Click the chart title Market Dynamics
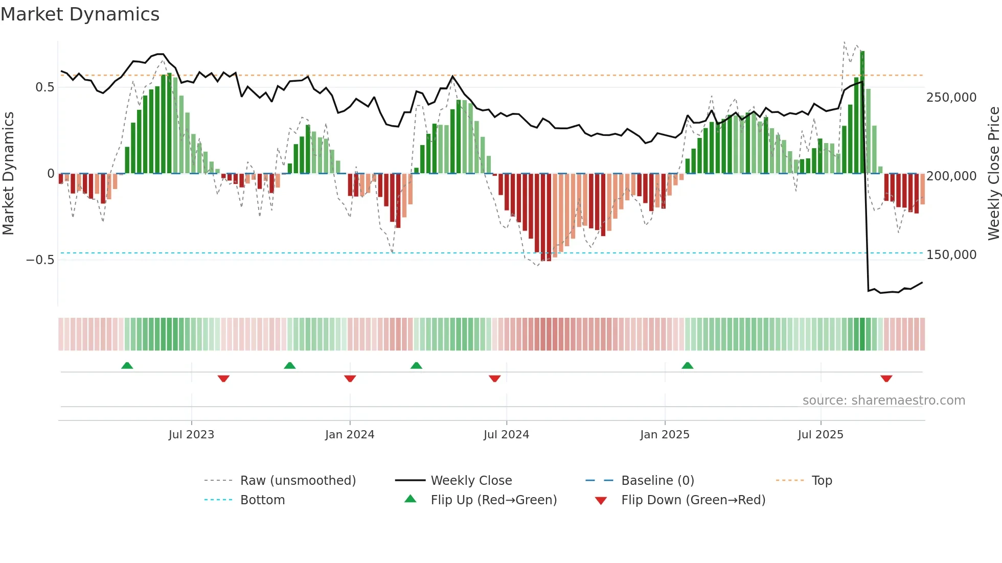(x=80, y=14)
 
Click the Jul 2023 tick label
(x=191, y=435)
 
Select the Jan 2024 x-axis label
(x=350, y=435)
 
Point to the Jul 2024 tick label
(x=506, y=435)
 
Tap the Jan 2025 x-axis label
(x=665, y=435)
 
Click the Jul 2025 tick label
(x=821, y=435)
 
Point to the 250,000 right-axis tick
(x=951, y=98)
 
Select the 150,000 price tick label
(x=951, y=255)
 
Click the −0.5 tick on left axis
(x=40, y=260)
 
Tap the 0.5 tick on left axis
(x=44, y=87)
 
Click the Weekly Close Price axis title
(x=993, y=173)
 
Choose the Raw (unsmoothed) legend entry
(x=298, y=481)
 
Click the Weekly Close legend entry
(x=471, y=481)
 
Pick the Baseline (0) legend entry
(x=657, y=481)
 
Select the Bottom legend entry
(x=262, y=500)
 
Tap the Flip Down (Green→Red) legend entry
(x=693, y=500)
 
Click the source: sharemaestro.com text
(x=883, y=401)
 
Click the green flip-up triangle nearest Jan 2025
(x=687, y=366)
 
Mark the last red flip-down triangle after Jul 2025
(x=886, y=379)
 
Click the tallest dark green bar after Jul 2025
(x=862, y=112)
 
